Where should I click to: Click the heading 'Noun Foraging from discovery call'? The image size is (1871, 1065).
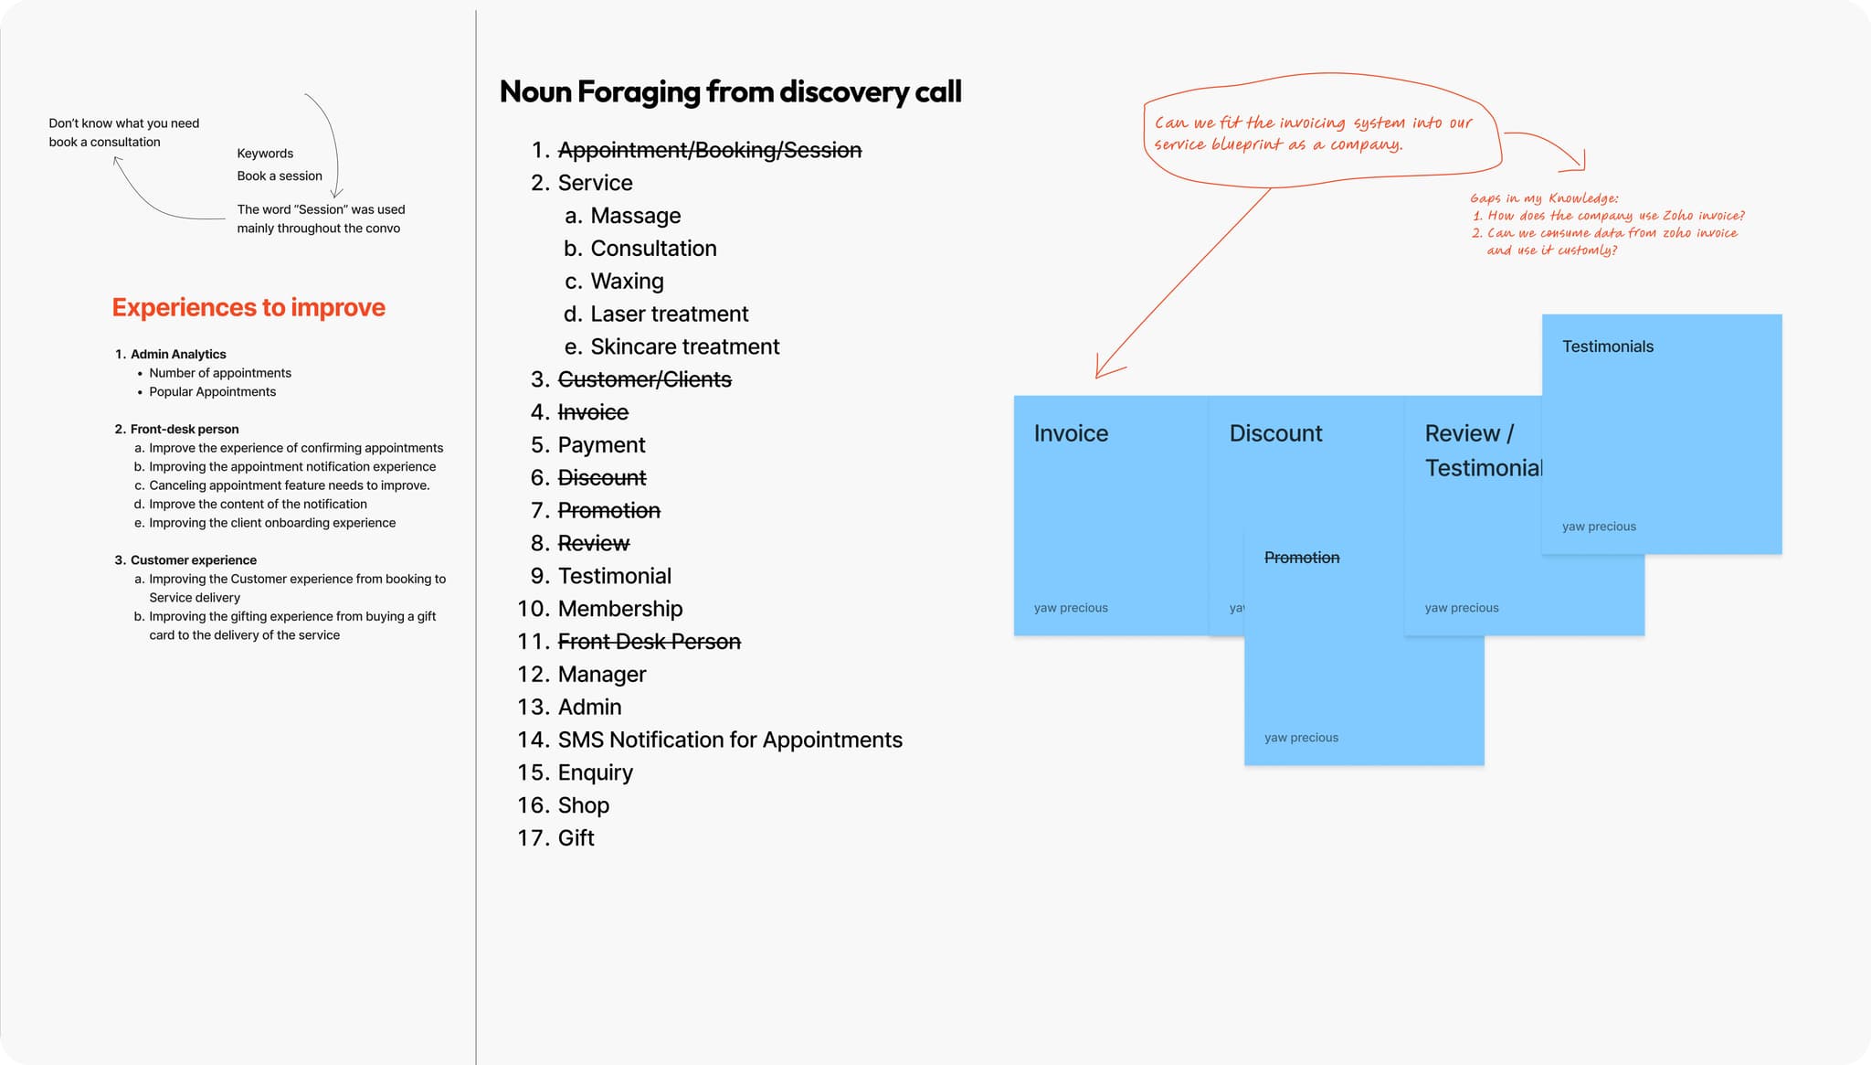[730, 91]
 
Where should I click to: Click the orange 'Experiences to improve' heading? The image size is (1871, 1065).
[248, 307]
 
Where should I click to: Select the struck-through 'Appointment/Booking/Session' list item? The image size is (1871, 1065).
[710, 150]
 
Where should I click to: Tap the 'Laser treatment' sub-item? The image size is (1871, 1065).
[670, 314]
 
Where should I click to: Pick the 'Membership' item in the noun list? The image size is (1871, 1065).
[620, 609]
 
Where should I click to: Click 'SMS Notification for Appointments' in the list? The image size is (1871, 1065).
[730, 740]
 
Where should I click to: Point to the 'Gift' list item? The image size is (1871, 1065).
[576, 838]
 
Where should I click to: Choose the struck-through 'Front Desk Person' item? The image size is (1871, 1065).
[650, 642]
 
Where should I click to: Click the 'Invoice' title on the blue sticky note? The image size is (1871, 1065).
[1071, 433]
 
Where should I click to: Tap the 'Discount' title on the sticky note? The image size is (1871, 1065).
[1275, 433]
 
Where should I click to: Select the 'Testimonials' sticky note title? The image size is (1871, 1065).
[1608, 346]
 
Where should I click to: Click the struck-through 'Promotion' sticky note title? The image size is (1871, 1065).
[1302, 558]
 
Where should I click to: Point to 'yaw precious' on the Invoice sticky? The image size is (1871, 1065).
[1071, 608]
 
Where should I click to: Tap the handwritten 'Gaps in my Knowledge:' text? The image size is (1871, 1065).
[1544, 198]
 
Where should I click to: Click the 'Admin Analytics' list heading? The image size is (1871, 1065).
[178, 355]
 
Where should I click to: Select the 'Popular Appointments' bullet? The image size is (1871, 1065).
[213, 392]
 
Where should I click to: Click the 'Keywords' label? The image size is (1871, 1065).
[265, 154]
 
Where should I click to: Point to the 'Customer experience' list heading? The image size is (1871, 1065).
[194, 560]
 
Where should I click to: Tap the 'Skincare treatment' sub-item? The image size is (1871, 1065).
[685, 346]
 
